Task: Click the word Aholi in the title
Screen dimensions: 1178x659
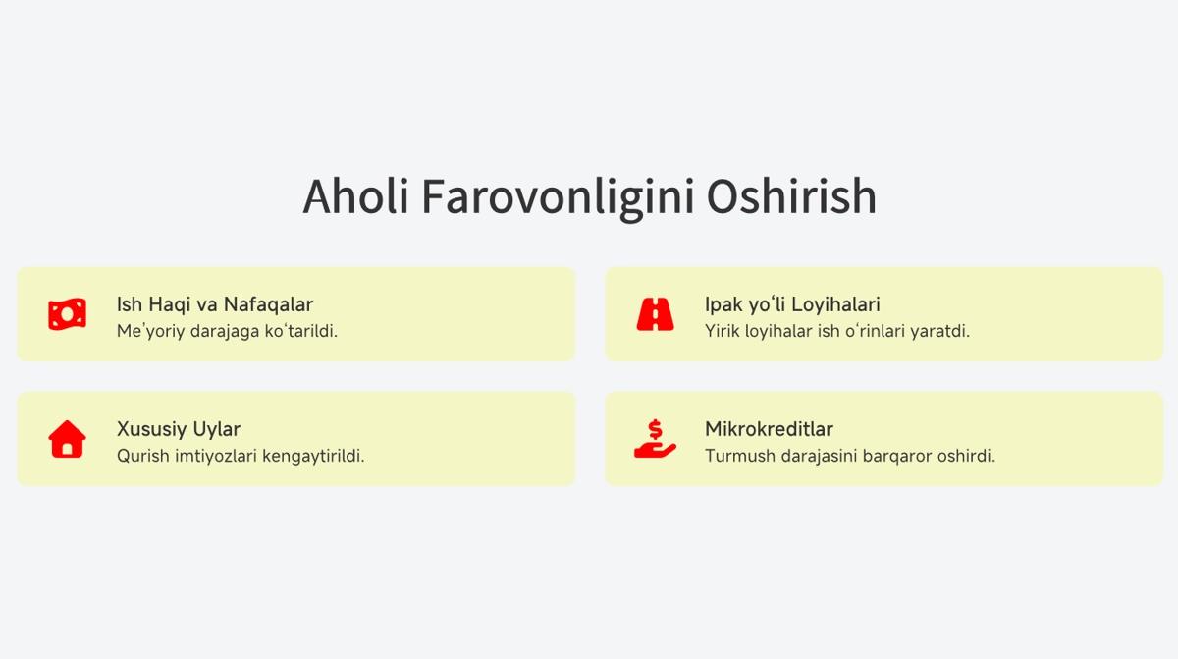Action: (x=355, y=196)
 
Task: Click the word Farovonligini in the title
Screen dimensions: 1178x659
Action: (x=558, y=198)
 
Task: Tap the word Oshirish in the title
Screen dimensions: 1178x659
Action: (x=791, y=196)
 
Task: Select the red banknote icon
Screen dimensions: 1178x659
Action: (x=68, y=314)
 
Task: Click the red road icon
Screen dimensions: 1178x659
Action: (x=656, y=314)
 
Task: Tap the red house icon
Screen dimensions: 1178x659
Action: (x=68, y=439)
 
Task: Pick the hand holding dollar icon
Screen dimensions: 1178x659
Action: (x=656, y=439)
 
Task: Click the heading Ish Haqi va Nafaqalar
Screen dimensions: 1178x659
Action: (x=215, y=304)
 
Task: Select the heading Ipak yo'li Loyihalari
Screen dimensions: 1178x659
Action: (x=792, y=304)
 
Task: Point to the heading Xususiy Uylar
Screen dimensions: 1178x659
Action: (x=179, y=429)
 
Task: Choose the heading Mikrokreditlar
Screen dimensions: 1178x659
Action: (x=769, y=429)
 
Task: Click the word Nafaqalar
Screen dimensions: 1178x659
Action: (x=268, y=304)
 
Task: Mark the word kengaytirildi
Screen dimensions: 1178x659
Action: (x=313, y=456)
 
